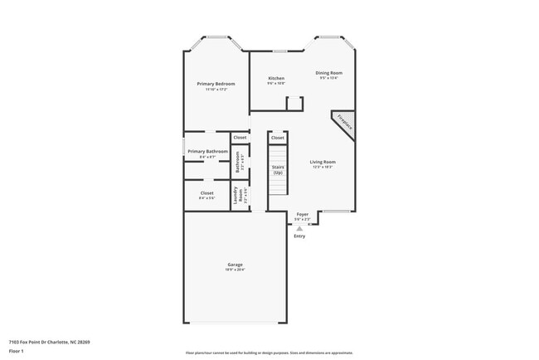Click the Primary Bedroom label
pos(216,84)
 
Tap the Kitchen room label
pos(276,79)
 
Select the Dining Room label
pos(329,73)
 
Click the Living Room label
pos(323,162)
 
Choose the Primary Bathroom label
pos(207,151)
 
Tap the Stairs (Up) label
pos(279,169)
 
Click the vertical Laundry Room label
pos(236,196)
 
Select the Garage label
pos(235,265)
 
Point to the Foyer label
pos(303,214)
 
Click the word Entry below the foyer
pos(299,236)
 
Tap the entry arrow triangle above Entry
pos(299,227)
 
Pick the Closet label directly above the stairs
pos(277,138)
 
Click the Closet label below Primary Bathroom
pos(206,193)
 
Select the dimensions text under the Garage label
pos(235,270)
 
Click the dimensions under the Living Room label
pos(323,167)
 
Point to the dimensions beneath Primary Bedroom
pos(216,89)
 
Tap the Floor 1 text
pos(17,350)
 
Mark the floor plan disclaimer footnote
pos(269,352)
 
